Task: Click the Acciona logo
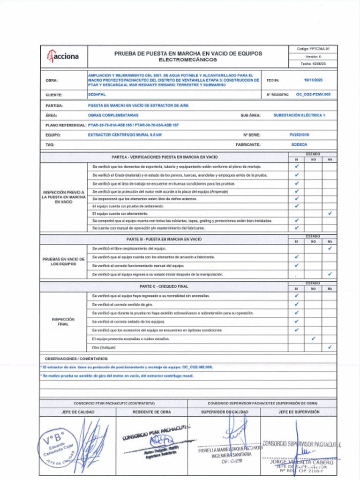click(63, 57)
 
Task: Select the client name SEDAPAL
click(97, 94)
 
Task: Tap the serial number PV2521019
click(299, 135)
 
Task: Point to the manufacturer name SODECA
click(299, 145)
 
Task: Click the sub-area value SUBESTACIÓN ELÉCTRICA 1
click(299, 115)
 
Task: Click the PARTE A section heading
click(164, 157)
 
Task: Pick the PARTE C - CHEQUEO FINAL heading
click(164, 286)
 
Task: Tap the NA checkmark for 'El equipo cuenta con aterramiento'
click(330, 213)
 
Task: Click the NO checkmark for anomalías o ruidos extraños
click(313, 338)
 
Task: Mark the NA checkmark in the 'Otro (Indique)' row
click(330, 347)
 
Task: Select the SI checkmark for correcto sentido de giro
click(296, 305)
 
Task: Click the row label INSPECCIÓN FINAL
click(63, 322)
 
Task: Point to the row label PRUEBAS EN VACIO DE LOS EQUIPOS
click(63, 261)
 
